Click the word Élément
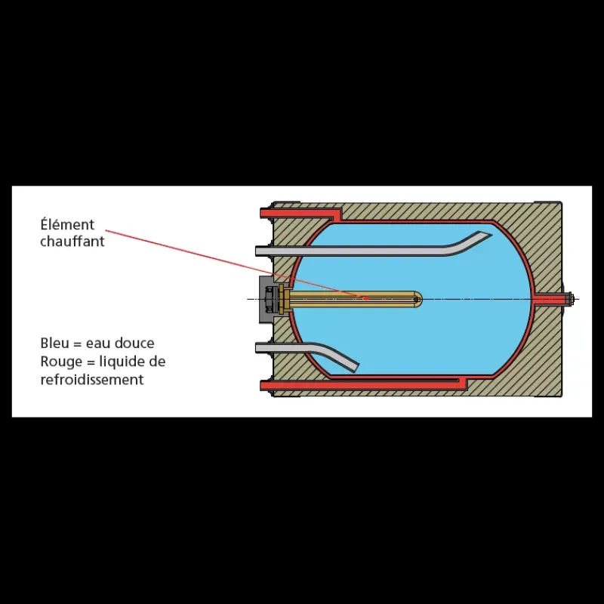tap(67, 224)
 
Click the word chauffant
tap(72, 241)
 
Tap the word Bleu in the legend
tap(54, 343)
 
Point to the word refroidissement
tap(92, 380)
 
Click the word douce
tap(137, 343)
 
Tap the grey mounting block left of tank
tap(266, 299)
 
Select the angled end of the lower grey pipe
tap(354, 368)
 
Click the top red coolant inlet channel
tap(300, 213)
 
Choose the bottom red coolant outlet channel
tap(362, 384)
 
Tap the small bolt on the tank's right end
tap(571, 298)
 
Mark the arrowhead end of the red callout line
tap(367, 297)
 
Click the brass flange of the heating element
tap(282, 299)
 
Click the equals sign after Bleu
tap(78, 344)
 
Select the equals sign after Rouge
tap(88, 362)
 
